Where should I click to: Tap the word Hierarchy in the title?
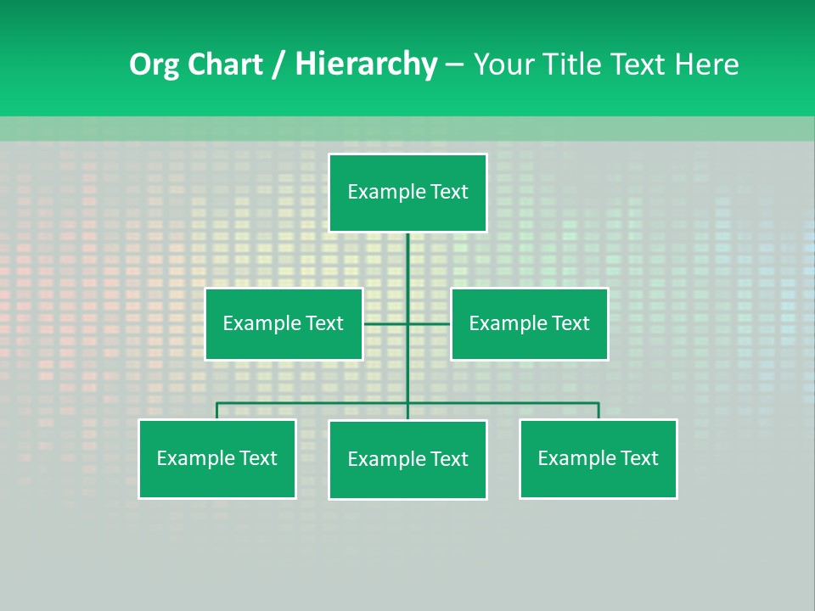366,64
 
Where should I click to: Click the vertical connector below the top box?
407,263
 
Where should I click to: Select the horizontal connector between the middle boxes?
429,323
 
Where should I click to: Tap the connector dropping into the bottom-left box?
217,411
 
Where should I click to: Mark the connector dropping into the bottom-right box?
599,411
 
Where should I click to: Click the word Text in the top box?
449,192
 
